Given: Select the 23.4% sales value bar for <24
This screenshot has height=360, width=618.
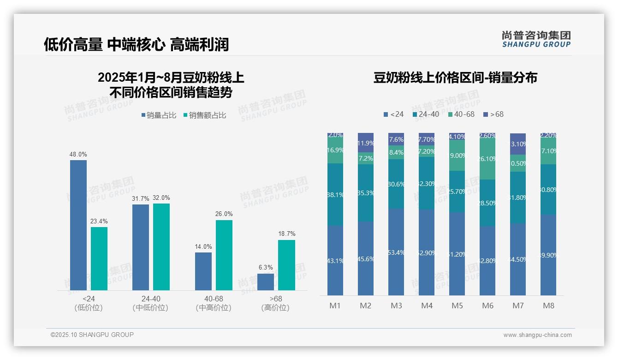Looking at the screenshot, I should (99, 258).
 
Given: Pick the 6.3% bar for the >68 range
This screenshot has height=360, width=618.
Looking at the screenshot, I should (266, 282).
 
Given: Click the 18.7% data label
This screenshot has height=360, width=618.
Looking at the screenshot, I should (287, 234).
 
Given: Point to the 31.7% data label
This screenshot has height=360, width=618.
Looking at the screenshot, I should (140, 198).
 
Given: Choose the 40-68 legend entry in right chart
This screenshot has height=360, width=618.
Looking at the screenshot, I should (461, 114).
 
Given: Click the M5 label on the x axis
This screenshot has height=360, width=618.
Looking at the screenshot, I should (457, 306).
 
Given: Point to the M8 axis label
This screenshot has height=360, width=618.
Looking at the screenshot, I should (548, 306).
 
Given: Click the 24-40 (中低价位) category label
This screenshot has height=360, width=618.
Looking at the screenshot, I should (150, 303).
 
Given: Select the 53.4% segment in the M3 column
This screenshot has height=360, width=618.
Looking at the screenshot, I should (396, 252).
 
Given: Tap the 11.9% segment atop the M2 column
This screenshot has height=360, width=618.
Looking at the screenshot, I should (366, 143).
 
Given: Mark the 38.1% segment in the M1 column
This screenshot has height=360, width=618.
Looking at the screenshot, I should (335, 194).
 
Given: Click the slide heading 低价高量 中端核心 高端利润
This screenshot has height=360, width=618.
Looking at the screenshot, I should (136, 45).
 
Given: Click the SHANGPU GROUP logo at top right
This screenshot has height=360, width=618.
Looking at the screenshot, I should (536, 39).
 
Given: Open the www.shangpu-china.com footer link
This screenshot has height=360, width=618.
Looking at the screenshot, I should (537, 335).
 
